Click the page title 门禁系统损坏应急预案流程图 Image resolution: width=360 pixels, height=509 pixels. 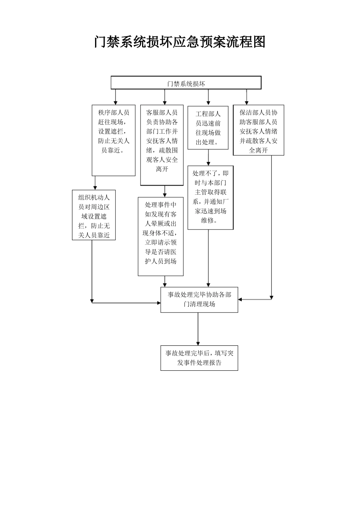180,42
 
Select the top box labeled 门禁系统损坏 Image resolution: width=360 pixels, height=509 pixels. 186,83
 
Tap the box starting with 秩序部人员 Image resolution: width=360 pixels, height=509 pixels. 114,140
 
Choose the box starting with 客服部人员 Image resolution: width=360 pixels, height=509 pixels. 162,145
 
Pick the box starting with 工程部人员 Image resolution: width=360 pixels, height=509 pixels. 208,128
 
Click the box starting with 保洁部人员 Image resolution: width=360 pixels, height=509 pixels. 258,130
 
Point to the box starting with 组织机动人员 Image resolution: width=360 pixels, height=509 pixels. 94,215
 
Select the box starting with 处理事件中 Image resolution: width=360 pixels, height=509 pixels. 161,236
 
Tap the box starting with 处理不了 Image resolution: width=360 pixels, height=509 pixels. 210,197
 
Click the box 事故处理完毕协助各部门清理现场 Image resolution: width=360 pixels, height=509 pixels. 199,300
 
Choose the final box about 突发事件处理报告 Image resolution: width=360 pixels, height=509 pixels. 199,358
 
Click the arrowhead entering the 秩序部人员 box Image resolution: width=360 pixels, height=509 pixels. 116,102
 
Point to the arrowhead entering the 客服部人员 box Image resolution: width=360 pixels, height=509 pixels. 164,102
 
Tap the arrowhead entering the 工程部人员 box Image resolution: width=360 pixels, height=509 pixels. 208,103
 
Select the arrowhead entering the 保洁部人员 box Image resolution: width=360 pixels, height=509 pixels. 247,102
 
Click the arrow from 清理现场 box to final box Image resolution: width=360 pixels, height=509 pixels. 198,329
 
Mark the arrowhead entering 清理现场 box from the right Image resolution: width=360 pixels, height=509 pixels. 241,300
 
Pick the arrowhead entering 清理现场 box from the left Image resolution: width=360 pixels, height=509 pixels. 158,303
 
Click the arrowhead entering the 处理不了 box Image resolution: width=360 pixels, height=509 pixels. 208,163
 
